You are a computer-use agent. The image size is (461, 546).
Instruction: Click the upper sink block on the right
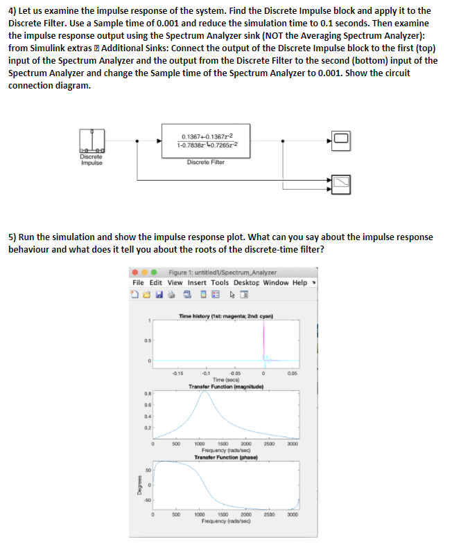pos(341,139)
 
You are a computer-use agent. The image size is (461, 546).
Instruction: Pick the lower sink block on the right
pos(341,181)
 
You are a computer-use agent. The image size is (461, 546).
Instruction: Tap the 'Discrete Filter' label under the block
pos(205,162)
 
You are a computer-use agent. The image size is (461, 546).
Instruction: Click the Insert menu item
pos(197,282)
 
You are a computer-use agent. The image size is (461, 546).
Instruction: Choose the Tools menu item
pos(220,282)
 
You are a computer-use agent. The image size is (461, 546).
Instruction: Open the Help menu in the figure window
pos(299,282)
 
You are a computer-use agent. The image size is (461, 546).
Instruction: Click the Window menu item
pos(276,282)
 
